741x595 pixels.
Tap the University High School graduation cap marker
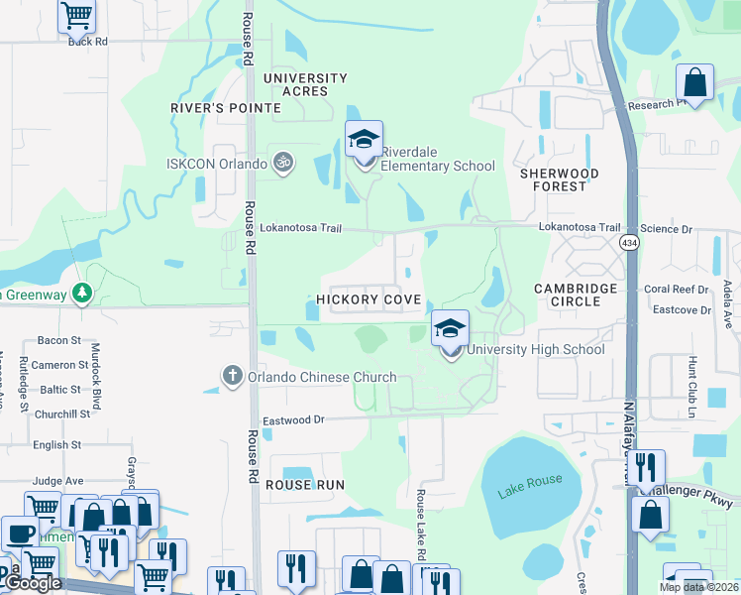click(x=450, y=329)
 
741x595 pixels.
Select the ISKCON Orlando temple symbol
click(x=282, y=162)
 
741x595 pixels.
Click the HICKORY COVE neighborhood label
click(x=369, y=299)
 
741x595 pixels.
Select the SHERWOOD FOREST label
click(x=560, y=179)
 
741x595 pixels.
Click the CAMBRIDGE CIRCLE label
click(x=576, y=295)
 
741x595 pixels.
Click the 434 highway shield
click(x=630, y=242)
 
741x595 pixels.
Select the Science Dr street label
click(x=667, y=229)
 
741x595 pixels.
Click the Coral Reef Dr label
click(x=677, y=290)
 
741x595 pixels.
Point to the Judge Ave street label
click(x=58, y=481)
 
